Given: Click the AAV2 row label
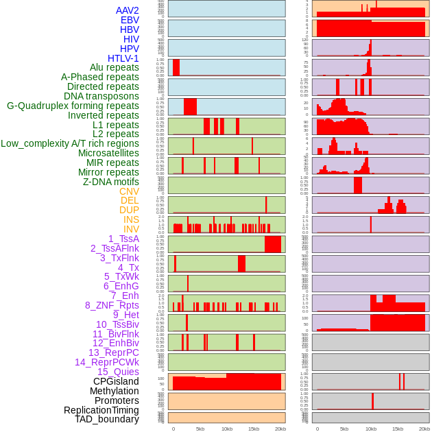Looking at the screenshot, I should (x=128, y=11).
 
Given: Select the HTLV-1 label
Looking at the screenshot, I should (x=123, y=58).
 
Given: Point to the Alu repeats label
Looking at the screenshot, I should (x=115, y=68).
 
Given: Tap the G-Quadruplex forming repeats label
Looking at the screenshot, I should (x=73, y=106).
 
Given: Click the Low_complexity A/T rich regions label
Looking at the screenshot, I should (x=70, y=143).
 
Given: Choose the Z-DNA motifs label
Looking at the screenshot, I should (x=111, y=182).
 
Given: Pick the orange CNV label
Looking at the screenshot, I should (x=129, y=191).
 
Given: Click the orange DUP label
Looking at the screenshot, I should (x=129, y=210).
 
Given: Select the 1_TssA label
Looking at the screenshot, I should (x=123, y=239).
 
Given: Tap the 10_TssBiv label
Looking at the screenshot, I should (x=117, y=324).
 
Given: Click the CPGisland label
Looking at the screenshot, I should (x=116, y=381).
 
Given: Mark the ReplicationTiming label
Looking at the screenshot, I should (x=101, y=410).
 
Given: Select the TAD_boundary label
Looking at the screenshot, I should (x=107, y=419).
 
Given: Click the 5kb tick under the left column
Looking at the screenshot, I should (x=200, y=429).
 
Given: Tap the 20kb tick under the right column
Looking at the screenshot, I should (x=424, y=429).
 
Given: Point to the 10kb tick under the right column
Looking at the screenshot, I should (x=371, y=429).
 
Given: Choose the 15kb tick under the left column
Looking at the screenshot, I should (x=254, y=429).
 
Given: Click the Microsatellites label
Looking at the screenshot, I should (x=108, y=153).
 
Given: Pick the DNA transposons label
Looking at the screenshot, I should (x=101, y=96).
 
